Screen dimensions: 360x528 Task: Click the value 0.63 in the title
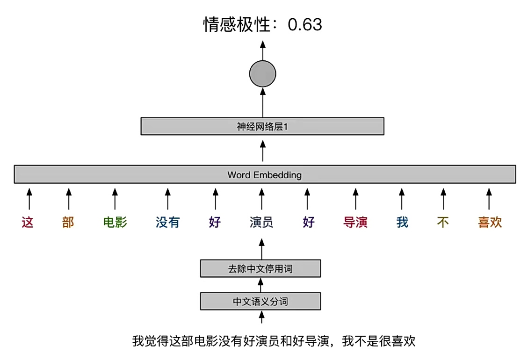pyautogui.click(x=305, y=25)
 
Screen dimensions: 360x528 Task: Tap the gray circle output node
pyautogui.click(x=263, y=73)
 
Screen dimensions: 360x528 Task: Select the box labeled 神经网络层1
pyautogui.click(x=262, y=126)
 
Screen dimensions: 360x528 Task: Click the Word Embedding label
pyautogui.click(x=265, y=175)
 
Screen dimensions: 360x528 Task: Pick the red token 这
pyautogui.click(x=28, y=223)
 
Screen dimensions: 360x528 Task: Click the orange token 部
pyautogui.click(x=68, y=223)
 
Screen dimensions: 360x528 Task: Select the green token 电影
pyautogui.click(x=115, y=223)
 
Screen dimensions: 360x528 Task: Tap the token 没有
pyautogui.click(x=167, y=223)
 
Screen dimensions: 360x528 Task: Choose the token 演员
pyautogui.click(x=261, y=223)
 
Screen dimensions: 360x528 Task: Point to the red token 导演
pyautogui.click(x=355, y=223)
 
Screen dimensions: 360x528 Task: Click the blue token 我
pyautogui.click(x=402, y=223)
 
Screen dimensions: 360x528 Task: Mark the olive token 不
pyautogui.click(x=443, y=223)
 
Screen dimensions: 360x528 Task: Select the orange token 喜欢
pyautogui.click(x=490, y=223)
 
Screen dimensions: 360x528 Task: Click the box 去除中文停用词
pyautogui.click(x=260, y=269)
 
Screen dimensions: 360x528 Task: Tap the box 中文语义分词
pyautogui.click(x=260, y=302)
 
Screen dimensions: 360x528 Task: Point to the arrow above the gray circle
pyautogui.click(x=263, y=50)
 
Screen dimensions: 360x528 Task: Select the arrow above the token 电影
pyautogui.click(x=115, y=199)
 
